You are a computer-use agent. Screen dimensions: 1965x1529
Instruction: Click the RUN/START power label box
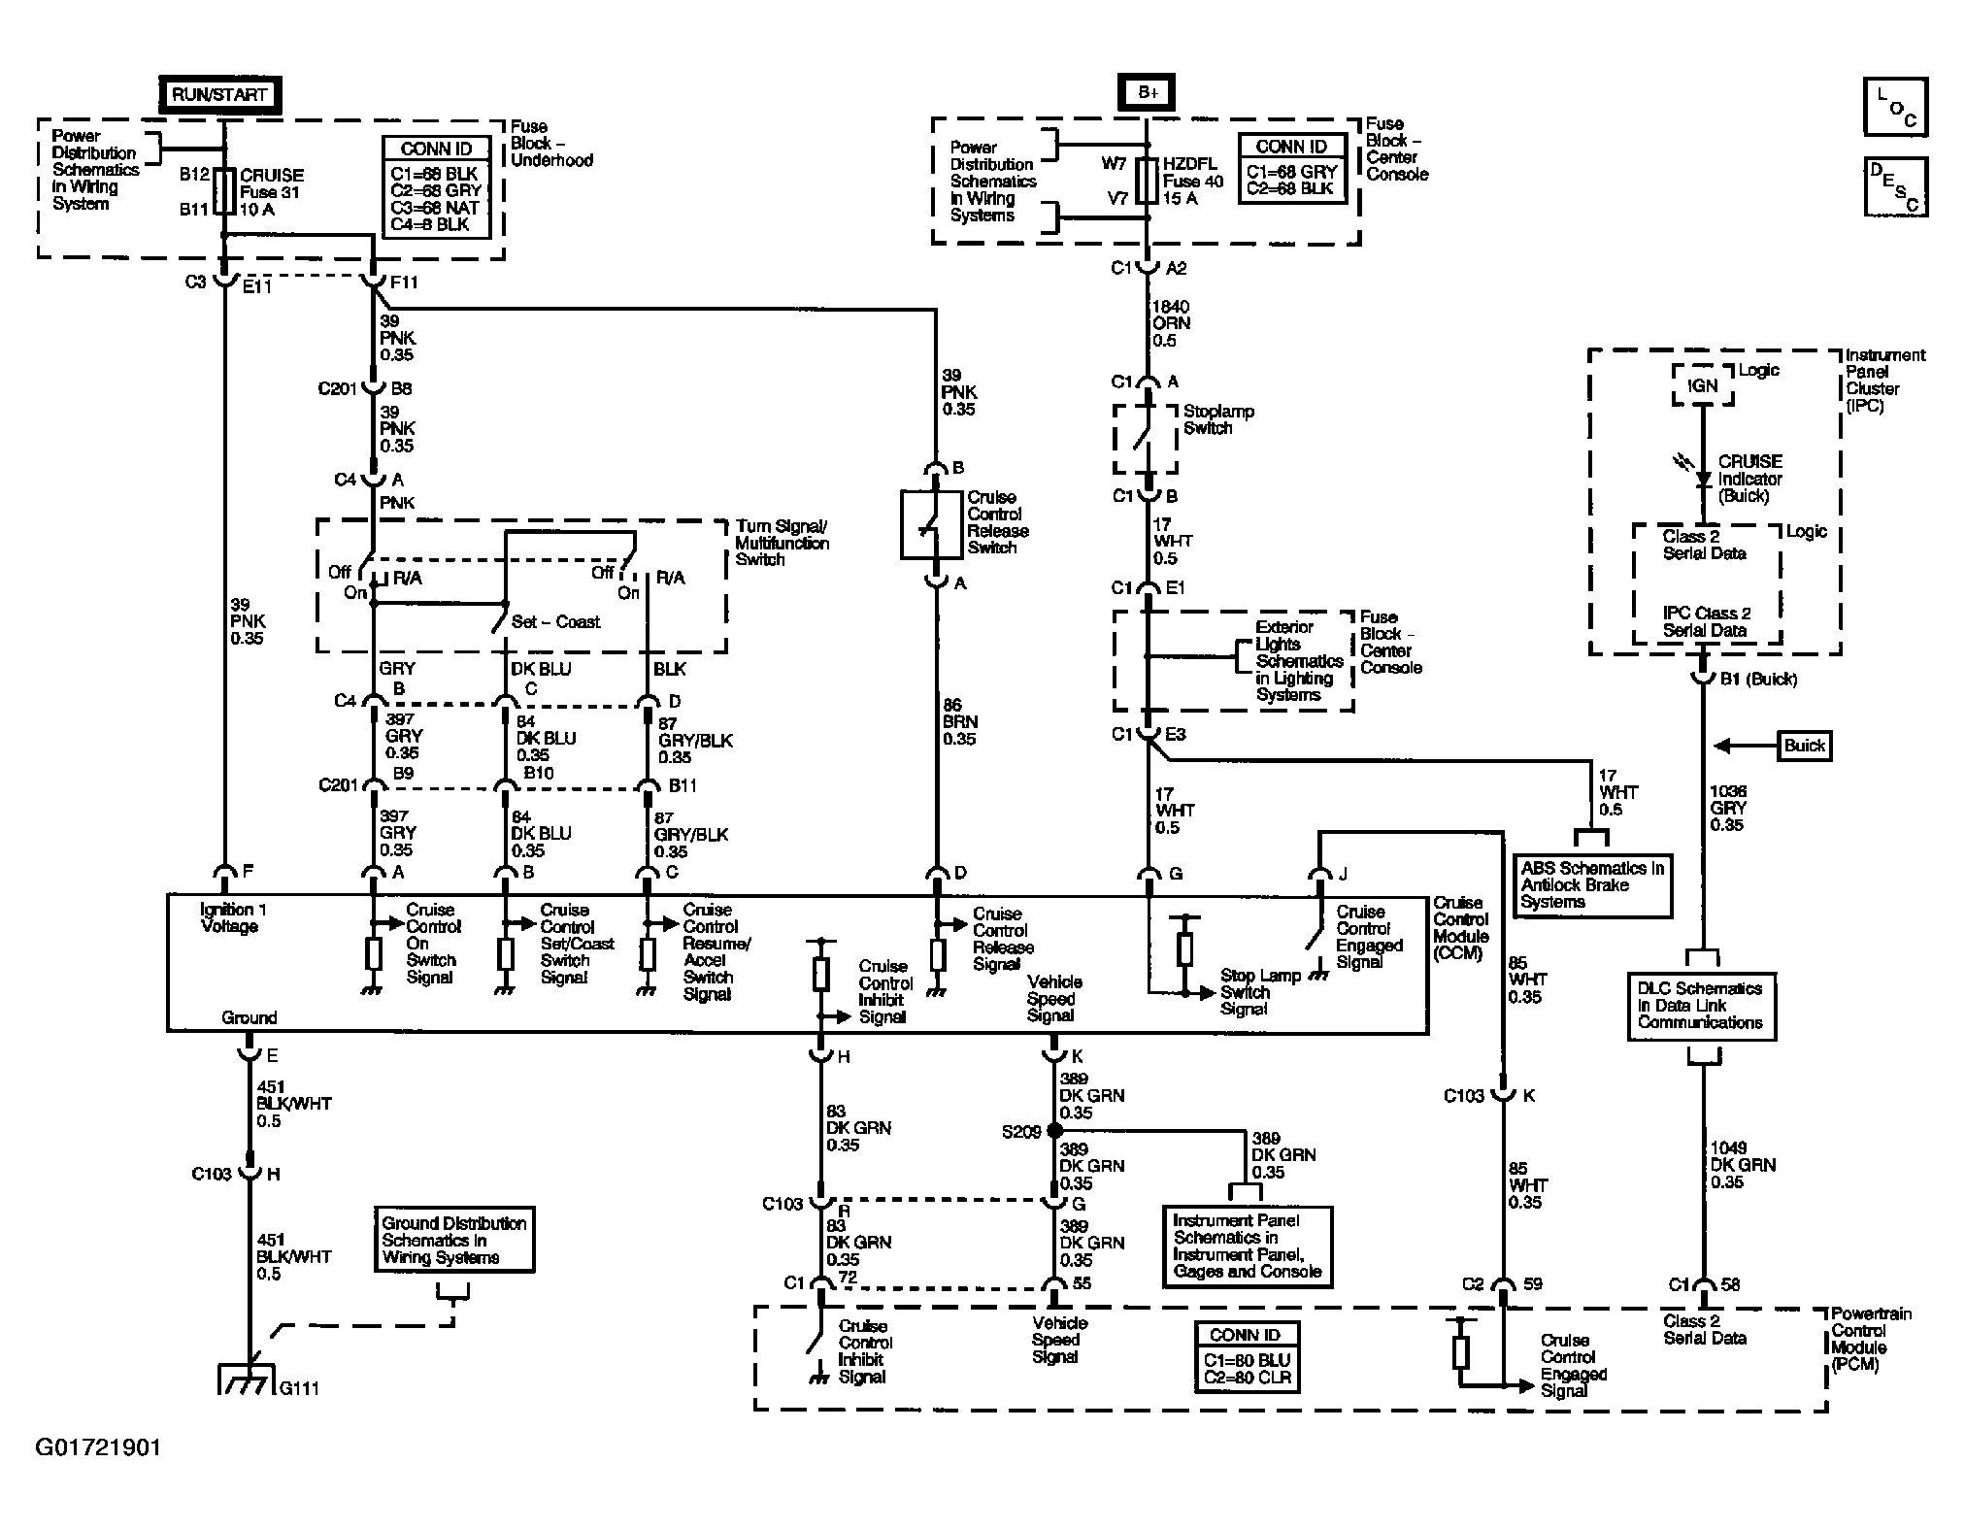tap(220, 95)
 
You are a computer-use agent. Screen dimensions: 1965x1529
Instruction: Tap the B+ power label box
tap(1148, 92)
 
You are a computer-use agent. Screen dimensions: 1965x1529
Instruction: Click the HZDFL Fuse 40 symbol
tap(1148, 181)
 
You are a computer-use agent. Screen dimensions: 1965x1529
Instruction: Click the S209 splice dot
tap(1054, 1131)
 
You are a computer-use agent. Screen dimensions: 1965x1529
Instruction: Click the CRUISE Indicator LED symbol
tap(1701, 478)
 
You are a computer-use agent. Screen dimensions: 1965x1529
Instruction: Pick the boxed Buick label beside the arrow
tap(1804, 746)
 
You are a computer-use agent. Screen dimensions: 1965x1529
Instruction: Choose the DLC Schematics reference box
tap(1701, 1006)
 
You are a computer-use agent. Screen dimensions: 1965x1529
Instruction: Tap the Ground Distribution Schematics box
tap(454, 1240)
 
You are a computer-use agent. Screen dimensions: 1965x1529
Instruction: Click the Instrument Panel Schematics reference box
tap(1248, 1246)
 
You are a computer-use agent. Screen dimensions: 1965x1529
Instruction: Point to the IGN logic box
tap(1702, 385)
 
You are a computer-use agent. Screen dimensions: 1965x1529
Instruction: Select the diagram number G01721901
tap(99, 1448)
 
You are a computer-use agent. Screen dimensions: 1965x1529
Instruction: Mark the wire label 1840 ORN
tap(1171, 323)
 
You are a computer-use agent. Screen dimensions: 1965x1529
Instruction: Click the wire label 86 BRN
tap(960, 722)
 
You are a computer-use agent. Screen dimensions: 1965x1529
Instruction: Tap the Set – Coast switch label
tap(555, 622)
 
